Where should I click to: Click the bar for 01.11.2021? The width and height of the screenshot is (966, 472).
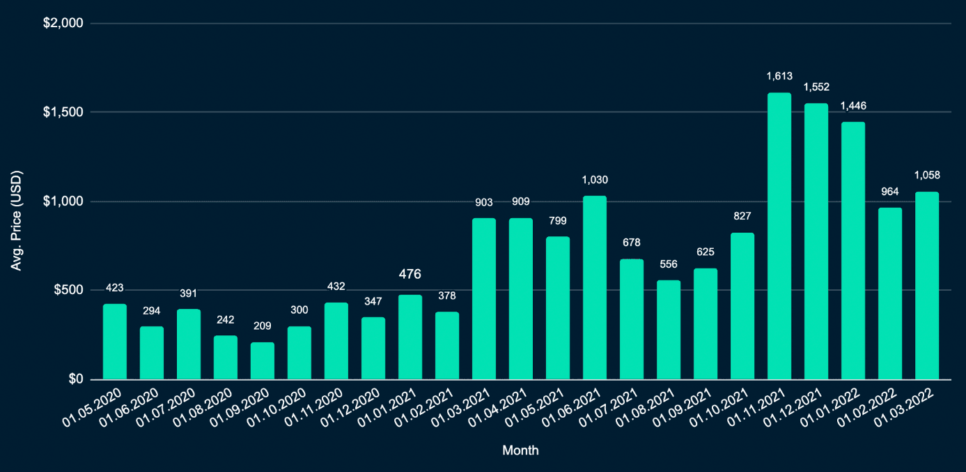coord(779,237)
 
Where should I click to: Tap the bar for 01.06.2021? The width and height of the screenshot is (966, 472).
coord(595,288)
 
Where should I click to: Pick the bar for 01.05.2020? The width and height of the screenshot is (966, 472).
coord(115,342)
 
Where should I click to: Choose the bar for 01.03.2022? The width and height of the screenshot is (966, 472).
coord(927,286)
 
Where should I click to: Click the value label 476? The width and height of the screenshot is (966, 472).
coord(410,275)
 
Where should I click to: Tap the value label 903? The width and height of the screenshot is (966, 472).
coord(484,202)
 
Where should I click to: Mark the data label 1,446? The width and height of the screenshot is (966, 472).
coord(853,106)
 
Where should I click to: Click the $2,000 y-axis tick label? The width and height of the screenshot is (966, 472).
coord(63,23)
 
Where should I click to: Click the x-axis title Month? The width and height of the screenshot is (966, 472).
coord(520,450)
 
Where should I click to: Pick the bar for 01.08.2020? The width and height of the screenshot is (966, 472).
coord(226,358)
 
